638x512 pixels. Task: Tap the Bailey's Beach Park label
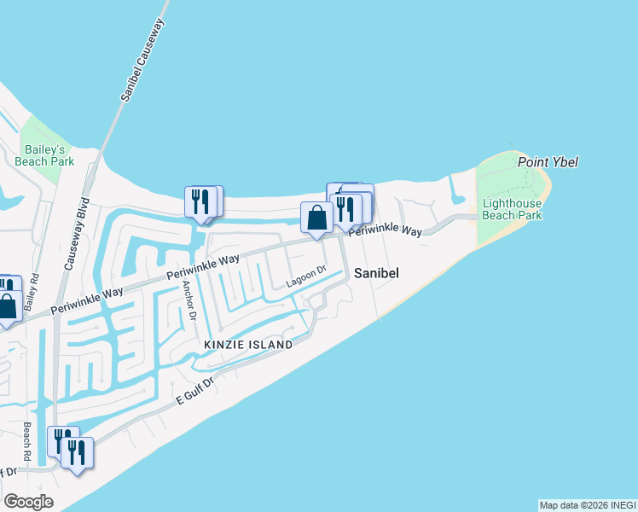(44, 154)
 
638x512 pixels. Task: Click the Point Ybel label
(542, 162)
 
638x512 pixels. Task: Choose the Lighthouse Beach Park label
(512, 209)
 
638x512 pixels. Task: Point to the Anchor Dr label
(188, 302)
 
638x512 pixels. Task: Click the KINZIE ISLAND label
(247, 345)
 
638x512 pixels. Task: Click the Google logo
(28, 502)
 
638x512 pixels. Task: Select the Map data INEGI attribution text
(587, 505)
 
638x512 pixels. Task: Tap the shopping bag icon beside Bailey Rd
(9, 305)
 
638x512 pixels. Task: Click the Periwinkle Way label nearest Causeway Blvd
(86, 300)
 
